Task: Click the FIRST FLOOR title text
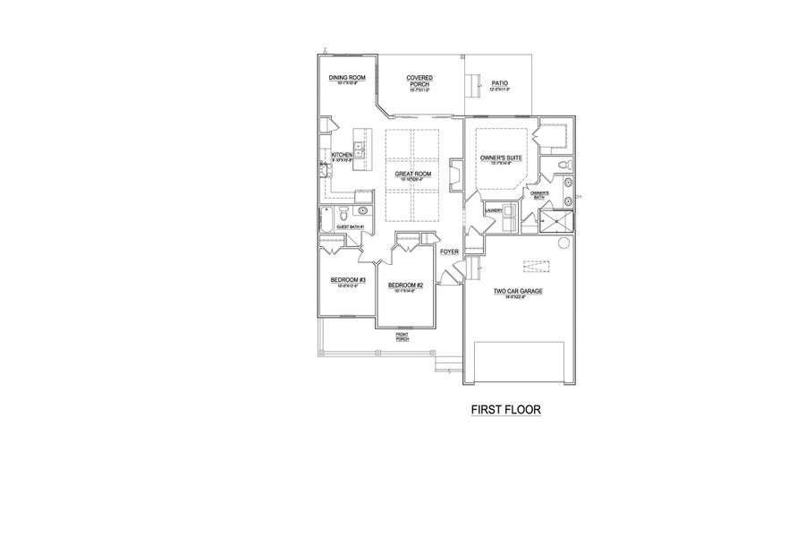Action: (x=506, y=411)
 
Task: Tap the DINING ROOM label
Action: (x=347, y=78)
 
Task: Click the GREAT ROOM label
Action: (x=413, y=174)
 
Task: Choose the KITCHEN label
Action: (x=343, y=155)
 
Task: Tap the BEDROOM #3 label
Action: (x=348, y=281)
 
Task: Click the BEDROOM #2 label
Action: (x=405, y=286)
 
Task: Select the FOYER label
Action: (x=449, y=252)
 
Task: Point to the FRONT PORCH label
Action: (x=402, y=337)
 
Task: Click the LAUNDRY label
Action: (x=493, y=210)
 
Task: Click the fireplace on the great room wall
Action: (x=454, y=175)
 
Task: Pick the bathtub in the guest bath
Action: (x=327, y=219)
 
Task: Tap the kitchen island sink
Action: (x=360, y=146)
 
